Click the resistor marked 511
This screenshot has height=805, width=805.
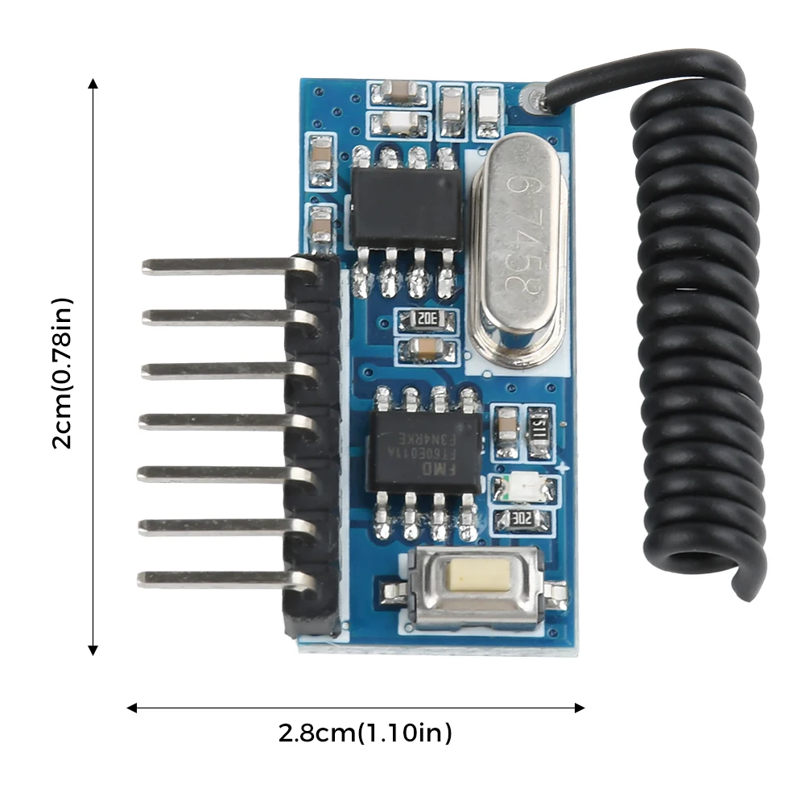539,424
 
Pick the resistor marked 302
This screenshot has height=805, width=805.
524,520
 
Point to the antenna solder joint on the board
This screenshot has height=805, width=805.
533,99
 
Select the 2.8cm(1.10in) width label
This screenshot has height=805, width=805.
365,733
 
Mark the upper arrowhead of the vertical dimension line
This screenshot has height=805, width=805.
93,84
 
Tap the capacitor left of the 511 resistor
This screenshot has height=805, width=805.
507,424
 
